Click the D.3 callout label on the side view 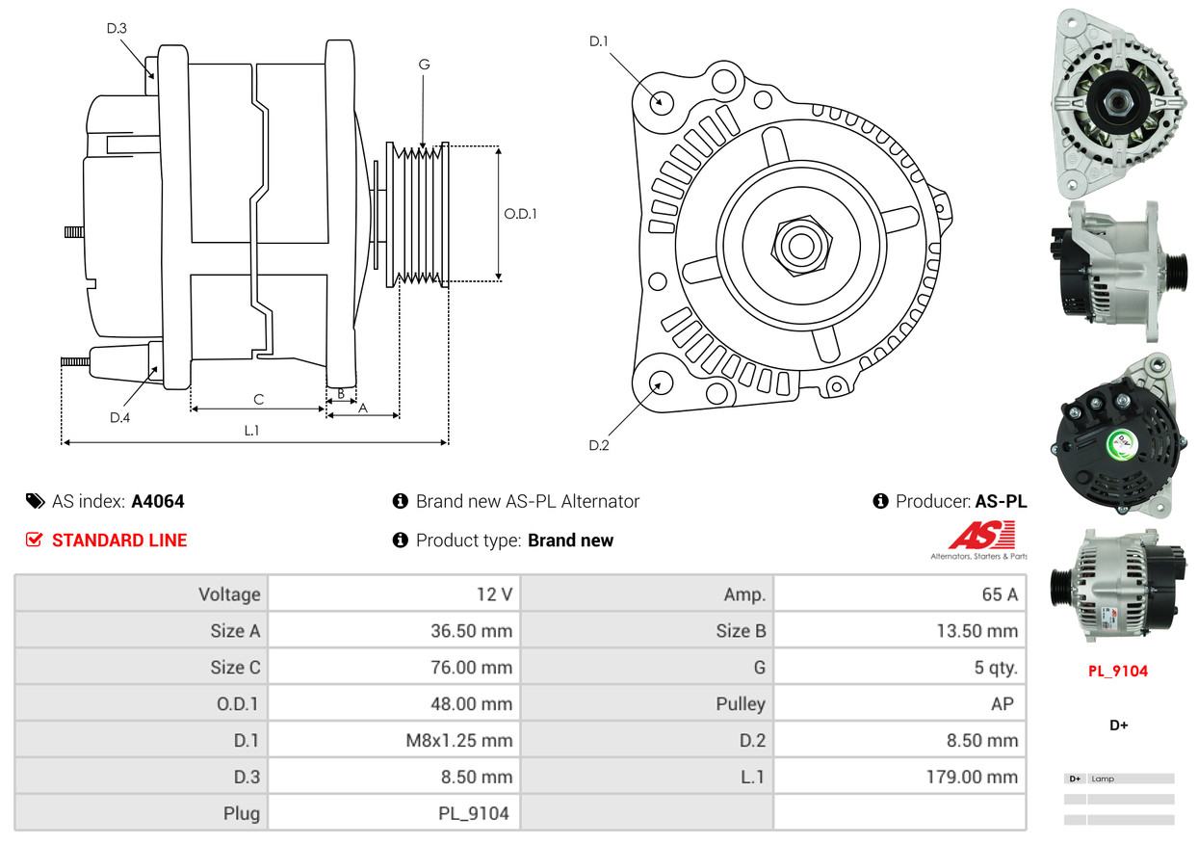[117, 28]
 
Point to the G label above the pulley [424, 65]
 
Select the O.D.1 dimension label [520, 214]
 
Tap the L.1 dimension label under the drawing [251, 431]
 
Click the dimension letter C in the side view [258, 399]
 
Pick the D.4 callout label [119, 417]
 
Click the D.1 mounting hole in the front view [661, 101]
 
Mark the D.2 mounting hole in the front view [661, 382]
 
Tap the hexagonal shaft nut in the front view [798, 243]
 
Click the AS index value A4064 [158, 501]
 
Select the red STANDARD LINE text [119, 541]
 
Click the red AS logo [981, 536]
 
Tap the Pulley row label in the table [741, 704]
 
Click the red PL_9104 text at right [1118, 672]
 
